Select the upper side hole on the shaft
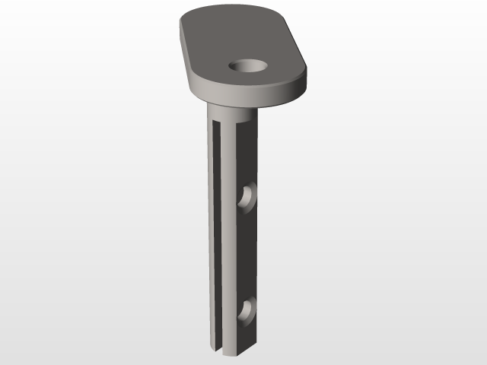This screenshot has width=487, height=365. tap(247, 198)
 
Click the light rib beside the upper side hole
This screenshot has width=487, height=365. tap(231, 198)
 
